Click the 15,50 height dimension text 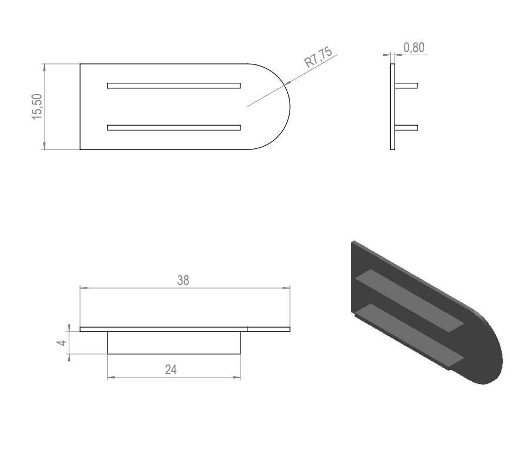pos(37,107)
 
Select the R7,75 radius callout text pos(318,57)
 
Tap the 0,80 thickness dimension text pos(414,48)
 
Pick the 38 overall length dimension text pos(183,280)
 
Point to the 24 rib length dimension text pos(171,369)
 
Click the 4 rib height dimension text pos(62,343)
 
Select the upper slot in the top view pos(174,86)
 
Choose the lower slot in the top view pos(174,128)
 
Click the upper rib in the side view pos(406,86)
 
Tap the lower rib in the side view pos(406,128)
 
